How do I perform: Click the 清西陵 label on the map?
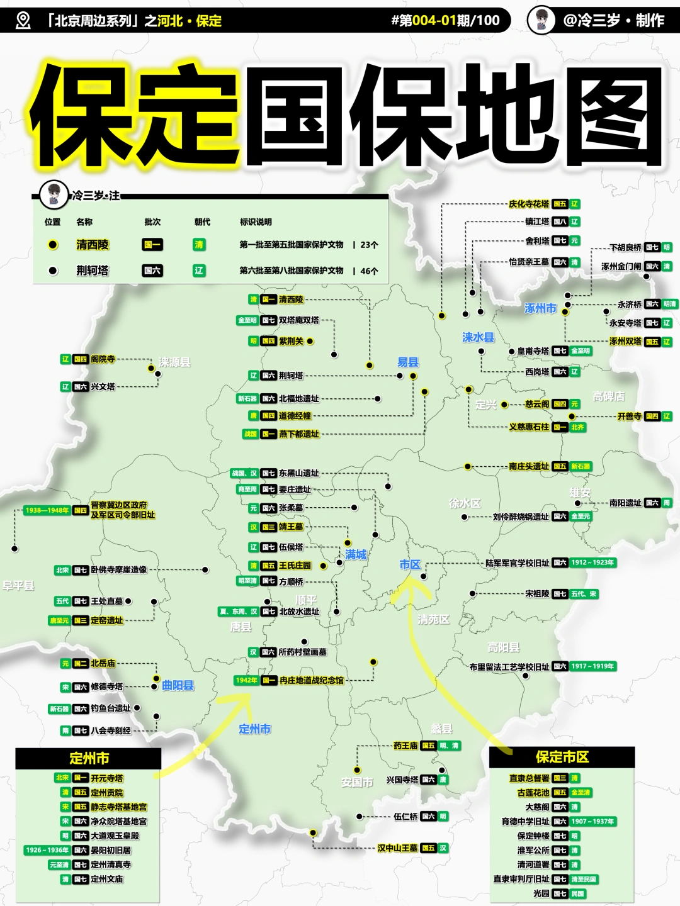click(291, 299)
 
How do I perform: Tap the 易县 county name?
click(408, 362)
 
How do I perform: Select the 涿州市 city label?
click(540, 308)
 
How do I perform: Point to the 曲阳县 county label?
click(178, 685)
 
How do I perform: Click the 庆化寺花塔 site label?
click(529, 204)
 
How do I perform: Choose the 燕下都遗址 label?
click(299, 434)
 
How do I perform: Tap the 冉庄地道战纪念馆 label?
click(312, 680)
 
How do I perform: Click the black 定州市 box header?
click(89, 758)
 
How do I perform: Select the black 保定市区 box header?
click(562, 757)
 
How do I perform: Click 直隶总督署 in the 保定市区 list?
click(529, 778)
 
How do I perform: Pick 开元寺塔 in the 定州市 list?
click(107, 778)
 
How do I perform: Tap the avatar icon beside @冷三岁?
click(541, 20)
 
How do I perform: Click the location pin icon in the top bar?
click(23, 21)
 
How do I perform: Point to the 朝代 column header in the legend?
click(202, 222)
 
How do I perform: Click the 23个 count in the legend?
click(369, 245)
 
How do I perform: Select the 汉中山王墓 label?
click(397, 848)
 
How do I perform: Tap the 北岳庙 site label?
click(103, 663)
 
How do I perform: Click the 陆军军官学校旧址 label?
click(517, 563)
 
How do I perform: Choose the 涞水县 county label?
click(478, 338)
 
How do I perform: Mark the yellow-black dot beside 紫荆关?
click(310, 341)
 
